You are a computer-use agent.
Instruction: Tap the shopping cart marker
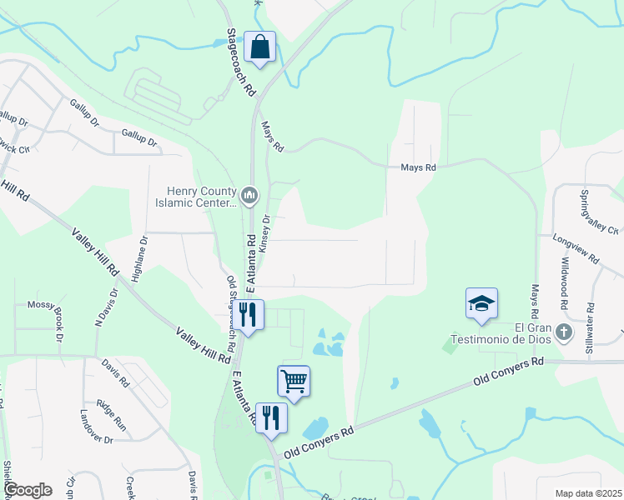coord(294,381)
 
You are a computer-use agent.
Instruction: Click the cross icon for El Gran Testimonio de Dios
coord(564,332)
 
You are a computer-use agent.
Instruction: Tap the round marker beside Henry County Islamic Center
coord(249,196)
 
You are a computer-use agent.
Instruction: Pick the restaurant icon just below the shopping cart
coord(270,417)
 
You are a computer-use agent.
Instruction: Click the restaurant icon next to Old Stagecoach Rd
coord(248,314)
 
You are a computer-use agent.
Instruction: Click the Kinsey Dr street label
coord(265,233)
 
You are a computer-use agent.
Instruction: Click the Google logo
coord(28,489)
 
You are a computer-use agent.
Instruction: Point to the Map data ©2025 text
coord(588,493)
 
